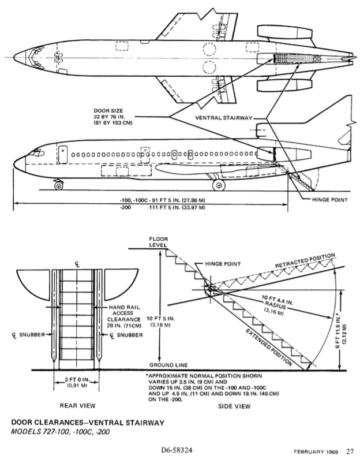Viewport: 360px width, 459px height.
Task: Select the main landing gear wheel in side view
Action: coord(219,185)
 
